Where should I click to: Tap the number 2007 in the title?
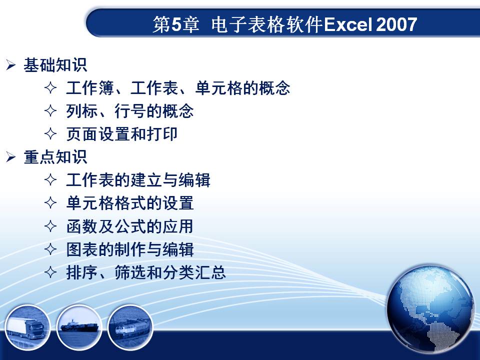coord(396,24)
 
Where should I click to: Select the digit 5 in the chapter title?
coord(176,24)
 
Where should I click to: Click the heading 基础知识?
coord(55,65)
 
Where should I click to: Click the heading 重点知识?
coord(55,157)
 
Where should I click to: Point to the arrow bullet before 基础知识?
coord(10,65)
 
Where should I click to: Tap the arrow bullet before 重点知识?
coord(10,157)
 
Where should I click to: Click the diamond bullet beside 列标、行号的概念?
coord(50,111)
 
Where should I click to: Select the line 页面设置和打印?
coord(122,134)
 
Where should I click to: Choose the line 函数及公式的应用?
coord(130,226)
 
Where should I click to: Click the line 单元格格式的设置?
coord(130,203)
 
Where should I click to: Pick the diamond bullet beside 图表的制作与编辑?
coord(50,249)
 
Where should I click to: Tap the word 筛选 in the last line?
coord(130,272)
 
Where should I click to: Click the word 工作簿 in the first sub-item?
coord(90,88)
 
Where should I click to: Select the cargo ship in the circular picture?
coord(79,326)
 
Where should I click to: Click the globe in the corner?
coord(430,309)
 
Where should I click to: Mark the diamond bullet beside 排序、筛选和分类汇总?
coord(50,272)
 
